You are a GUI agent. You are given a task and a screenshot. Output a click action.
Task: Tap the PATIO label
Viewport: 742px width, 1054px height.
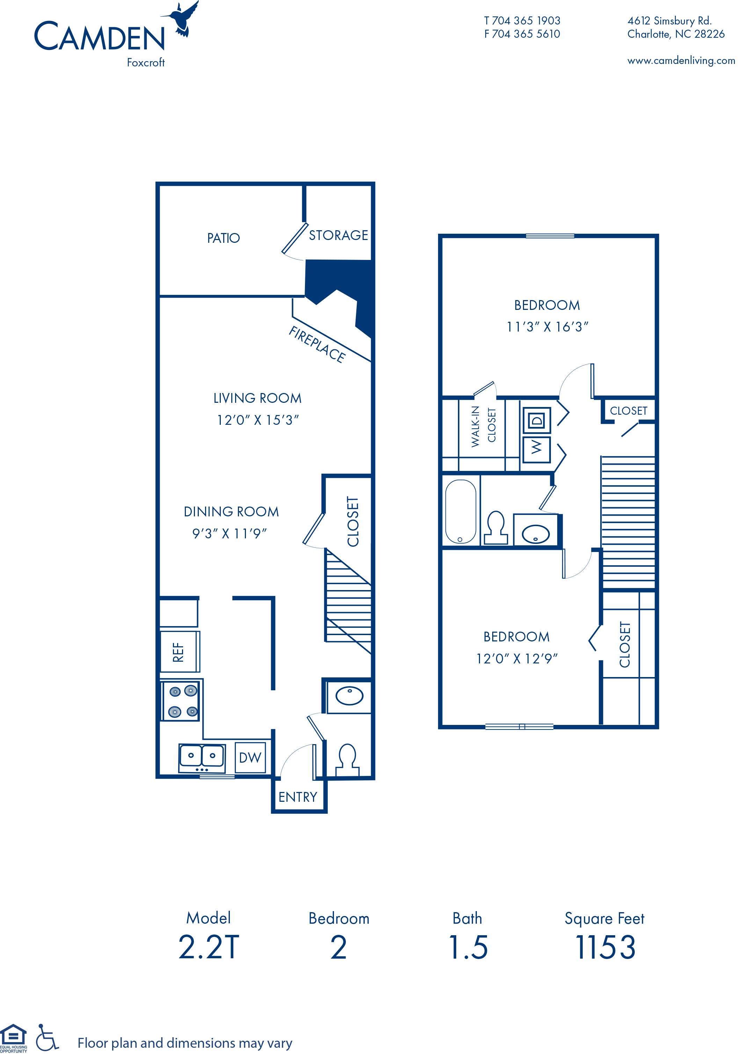tap(224, 238)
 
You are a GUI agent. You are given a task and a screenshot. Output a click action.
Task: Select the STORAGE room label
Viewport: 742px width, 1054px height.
tap(339, 235)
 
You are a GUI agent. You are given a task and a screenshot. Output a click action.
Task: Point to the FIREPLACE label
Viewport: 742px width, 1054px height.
tap(317, 344)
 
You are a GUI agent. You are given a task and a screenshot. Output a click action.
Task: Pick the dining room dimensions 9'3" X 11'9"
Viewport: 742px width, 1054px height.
tap(229, 533)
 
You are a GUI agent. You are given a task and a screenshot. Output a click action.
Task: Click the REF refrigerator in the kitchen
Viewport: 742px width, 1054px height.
tap(179, 652)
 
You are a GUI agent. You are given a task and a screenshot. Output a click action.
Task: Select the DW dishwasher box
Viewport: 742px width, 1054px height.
tap(250, 757)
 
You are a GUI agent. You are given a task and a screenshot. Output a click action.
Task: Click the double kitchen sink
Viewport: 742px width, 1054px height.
tap(202, 757)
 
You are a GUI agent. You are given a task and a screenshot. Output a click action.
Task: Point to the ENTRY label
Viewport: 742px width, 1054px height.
tap(298, 797)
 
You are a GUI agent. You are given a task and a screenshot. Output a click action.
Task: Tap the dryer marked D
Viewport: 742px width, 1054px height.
tap(537, 420)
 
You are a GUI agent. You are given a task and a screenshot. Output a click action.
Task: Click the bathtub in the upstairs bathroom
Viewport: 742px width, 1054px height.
tap(460, 511)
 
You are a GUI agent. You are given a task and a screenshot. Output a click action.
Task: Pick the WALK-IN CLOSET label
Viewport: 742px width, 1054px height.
tap(483, 426)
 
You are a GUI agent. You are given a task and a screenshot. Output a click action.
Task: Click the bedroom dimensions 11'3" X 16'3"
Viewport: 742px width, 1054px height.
tap(547, 327)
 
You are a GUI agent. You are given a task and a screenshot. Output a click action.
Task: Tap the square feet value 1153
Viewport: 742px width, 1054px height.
tap(606, 947)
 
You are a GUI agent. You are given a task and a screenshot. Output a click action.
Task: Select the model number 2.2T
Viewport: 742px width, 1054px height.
tap(209, 947)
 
